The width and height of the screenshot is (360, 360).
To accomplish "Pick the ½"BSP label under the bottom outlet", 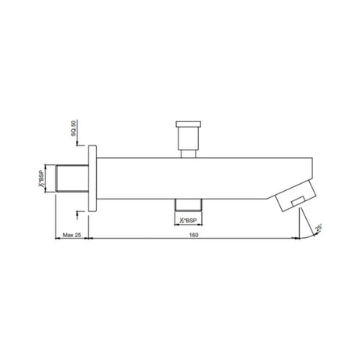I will point(187,221).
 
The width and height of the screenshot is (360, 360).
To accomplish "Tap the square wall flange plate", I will point(92,178).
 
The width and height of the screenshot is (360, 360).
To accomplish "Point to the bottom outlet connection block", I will point(187,204).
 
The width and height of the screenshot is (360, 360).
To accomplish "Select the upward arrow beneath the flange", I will point(77,213).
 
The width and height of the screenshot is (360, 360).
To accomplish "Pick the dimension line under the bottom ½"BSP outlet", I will point(187,215).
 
